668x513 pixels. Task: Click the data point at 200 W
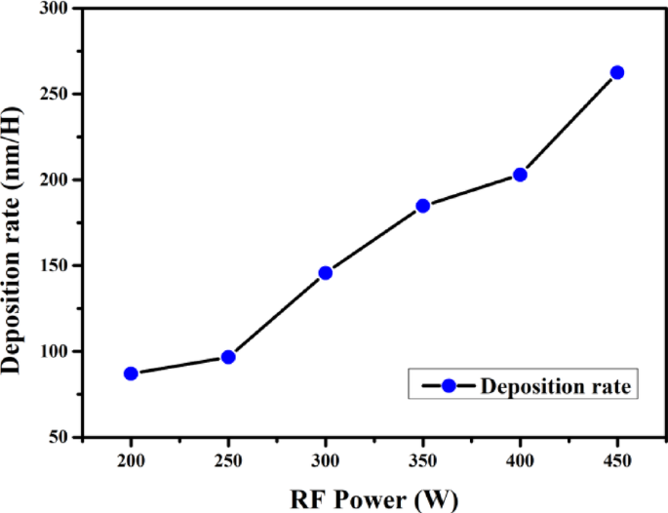coord(131,374)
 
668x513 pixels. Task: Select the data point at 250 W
coord(228,357)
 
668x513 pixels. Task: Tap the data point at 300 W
coord(326,273)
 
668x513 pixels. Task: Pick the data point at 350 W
coord(422,206)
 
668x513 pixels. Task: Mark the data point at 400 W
coord(520,175)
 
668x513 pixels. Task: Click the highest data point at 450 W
coord(616,73)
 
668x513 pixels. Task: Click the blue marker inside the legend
coord(449,387)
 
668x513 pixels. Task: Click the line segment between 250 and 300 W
coord(277,315)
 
